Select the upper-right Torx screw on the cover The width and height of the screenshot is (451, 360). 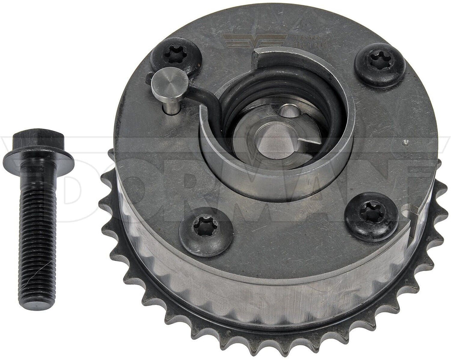[x=380, y=64]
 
